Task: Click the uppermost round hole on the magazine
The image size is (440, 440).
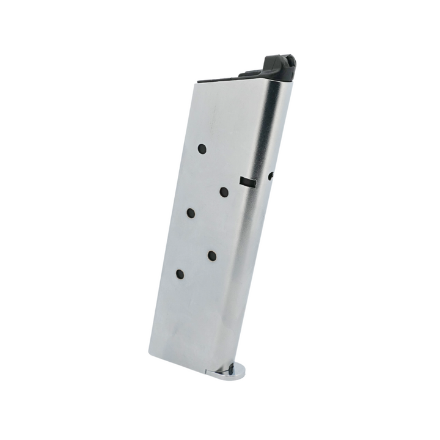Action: (x=202, y=148)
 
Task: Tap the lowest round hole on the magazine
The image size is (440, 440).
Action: (x=180, y=274)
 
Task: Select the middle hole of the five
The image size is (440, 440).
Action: (x=191, y=213)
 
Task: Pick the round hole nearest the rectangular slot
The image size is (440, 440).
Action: (x=224, y=192)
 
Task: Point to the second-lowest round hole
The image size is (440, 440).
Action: (x=212, y=255)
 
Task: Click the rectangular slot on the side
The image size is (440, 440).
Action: (x=248, y=182)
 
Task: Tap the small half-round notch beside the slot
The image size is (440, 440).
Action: (x=271, y=176)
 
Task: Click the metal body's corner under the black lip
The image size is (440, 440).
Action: (x=291, y=82)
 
